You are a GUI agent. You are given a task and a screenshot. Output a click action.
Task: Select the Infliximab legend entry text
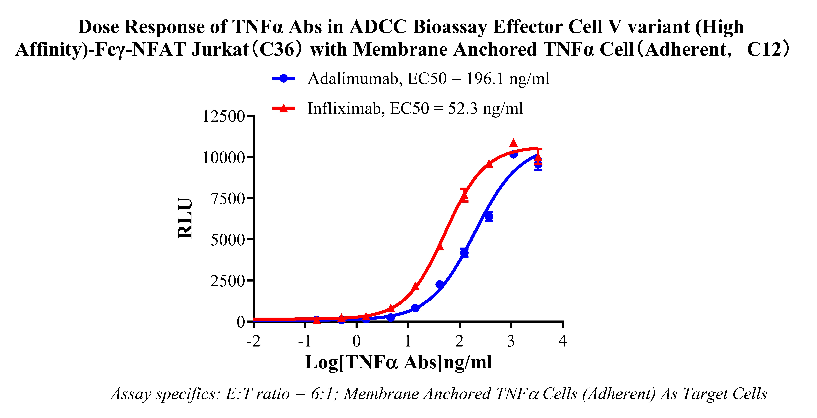coord(415,109)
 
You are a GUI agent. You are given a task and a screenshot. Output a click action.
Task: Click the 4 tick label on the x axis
coord(562,341)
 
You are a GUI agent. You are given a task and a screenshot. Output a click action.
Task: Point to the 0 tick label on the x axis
coord(356,341)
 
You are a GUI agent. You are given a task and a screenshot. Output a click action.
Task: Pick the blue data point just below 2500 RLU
coord(440,284)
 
